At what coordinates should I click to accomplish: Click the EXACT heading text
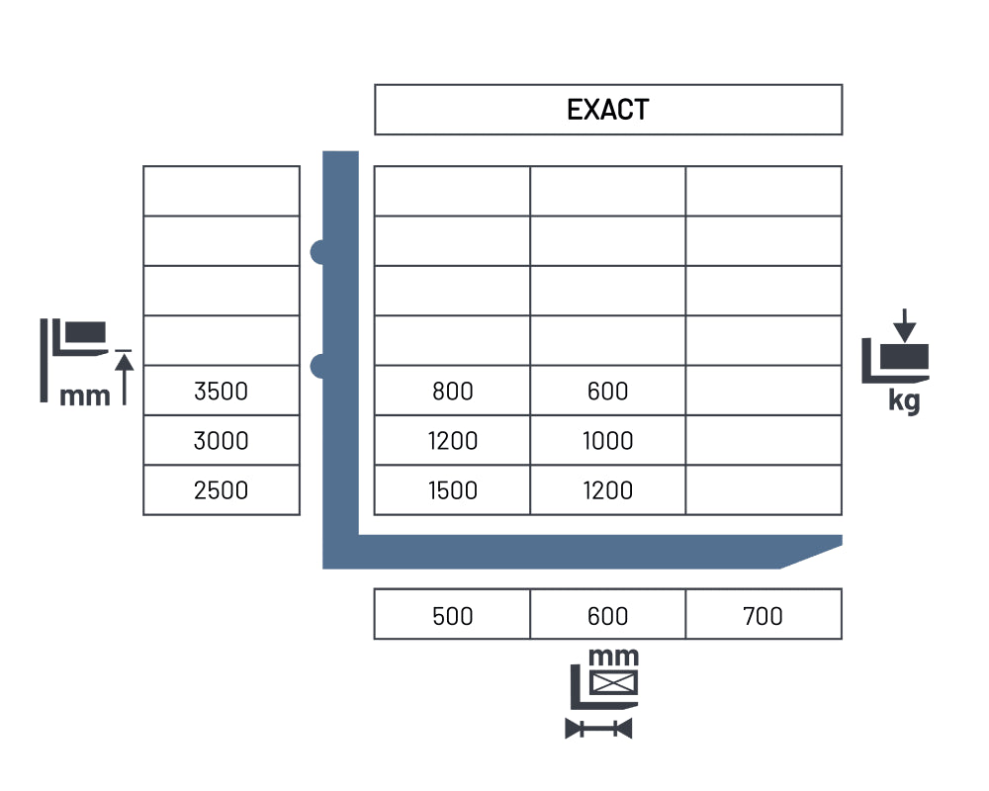(x=607, y=110)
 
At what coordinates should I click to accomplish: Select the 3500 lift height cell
(x=222, y=391)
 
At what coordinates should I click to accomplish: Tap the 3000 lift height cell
(x=222, y=440)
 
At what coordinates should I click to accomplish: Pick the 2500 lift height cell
(x=222, y=490)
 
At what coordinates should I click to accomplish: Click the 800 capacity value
(x=452, y=392)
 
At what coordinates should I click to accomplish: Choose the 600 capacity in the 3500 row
(x=607, y=392)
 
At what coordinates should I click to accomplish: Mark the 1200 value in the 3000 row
(x=452, y=441)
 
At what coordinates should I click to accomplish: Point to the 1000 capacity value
(x=607, y=441)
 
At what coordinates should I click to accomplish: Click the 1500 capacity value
(x=452, y=490)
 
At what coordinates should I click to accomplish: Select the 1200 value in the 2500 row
(x=607, y=490)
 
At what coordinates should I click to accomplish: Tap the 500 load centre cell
(x=452, y=614)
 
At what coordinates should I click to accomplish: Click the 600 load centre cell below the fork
(x=607, y=614)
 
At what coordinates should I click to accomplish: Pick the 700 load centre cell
(x=764, y=614)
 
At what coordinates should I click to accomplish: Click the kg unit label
(x=905, y=400)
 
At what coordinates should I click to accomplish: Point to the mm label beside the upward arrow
(x=84, y=396)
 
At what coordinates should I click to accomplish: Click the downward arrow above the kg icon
(x=905, y=325)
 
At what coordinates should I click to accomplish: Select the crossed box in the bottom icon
(x=614, y=682)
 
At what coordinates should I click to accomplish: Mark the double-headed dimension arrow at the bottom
(x=598, y=729)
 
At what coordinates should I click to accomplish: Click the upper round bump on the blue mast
(x=318, y=252)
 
